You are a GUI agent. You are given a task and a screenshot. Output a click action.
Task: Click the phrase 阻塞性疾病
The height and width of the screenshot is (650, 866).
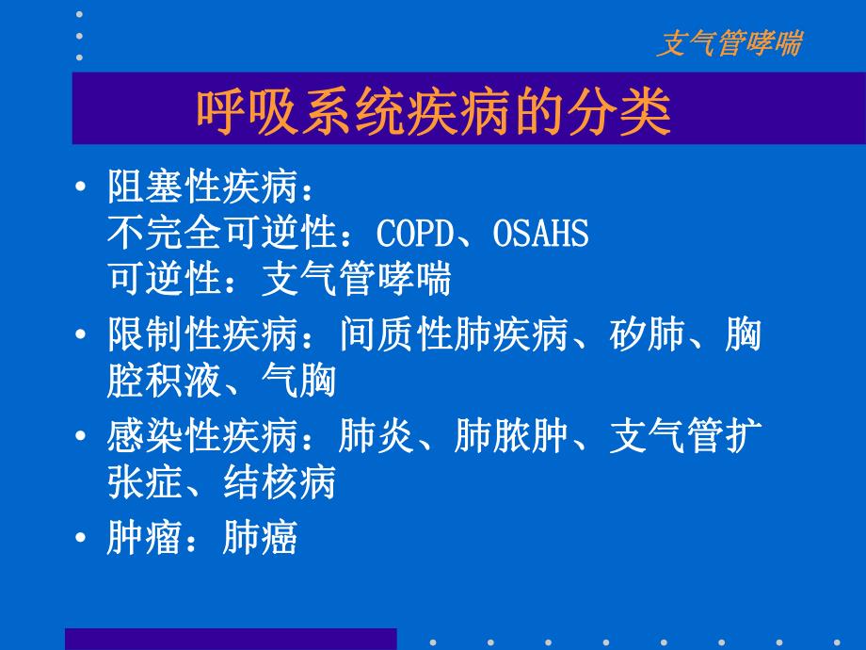click(x=203, y=187)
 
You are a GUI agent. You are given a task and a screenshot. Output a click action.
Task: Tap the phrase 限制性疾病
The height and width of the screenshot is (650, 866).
click(x=203, y=334)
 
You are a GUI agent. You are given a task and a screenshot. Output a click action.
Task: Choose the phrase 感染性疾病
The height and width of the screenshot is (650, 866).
click(x=203, y=437)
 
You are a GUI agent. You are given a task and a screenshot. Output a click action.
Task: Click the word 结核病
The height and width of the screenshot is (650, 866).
click(x=280, y=483)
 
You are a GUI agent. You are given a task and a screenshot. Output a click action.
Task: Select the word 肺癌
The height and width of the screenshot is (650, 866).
click(x=260, y=538)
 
